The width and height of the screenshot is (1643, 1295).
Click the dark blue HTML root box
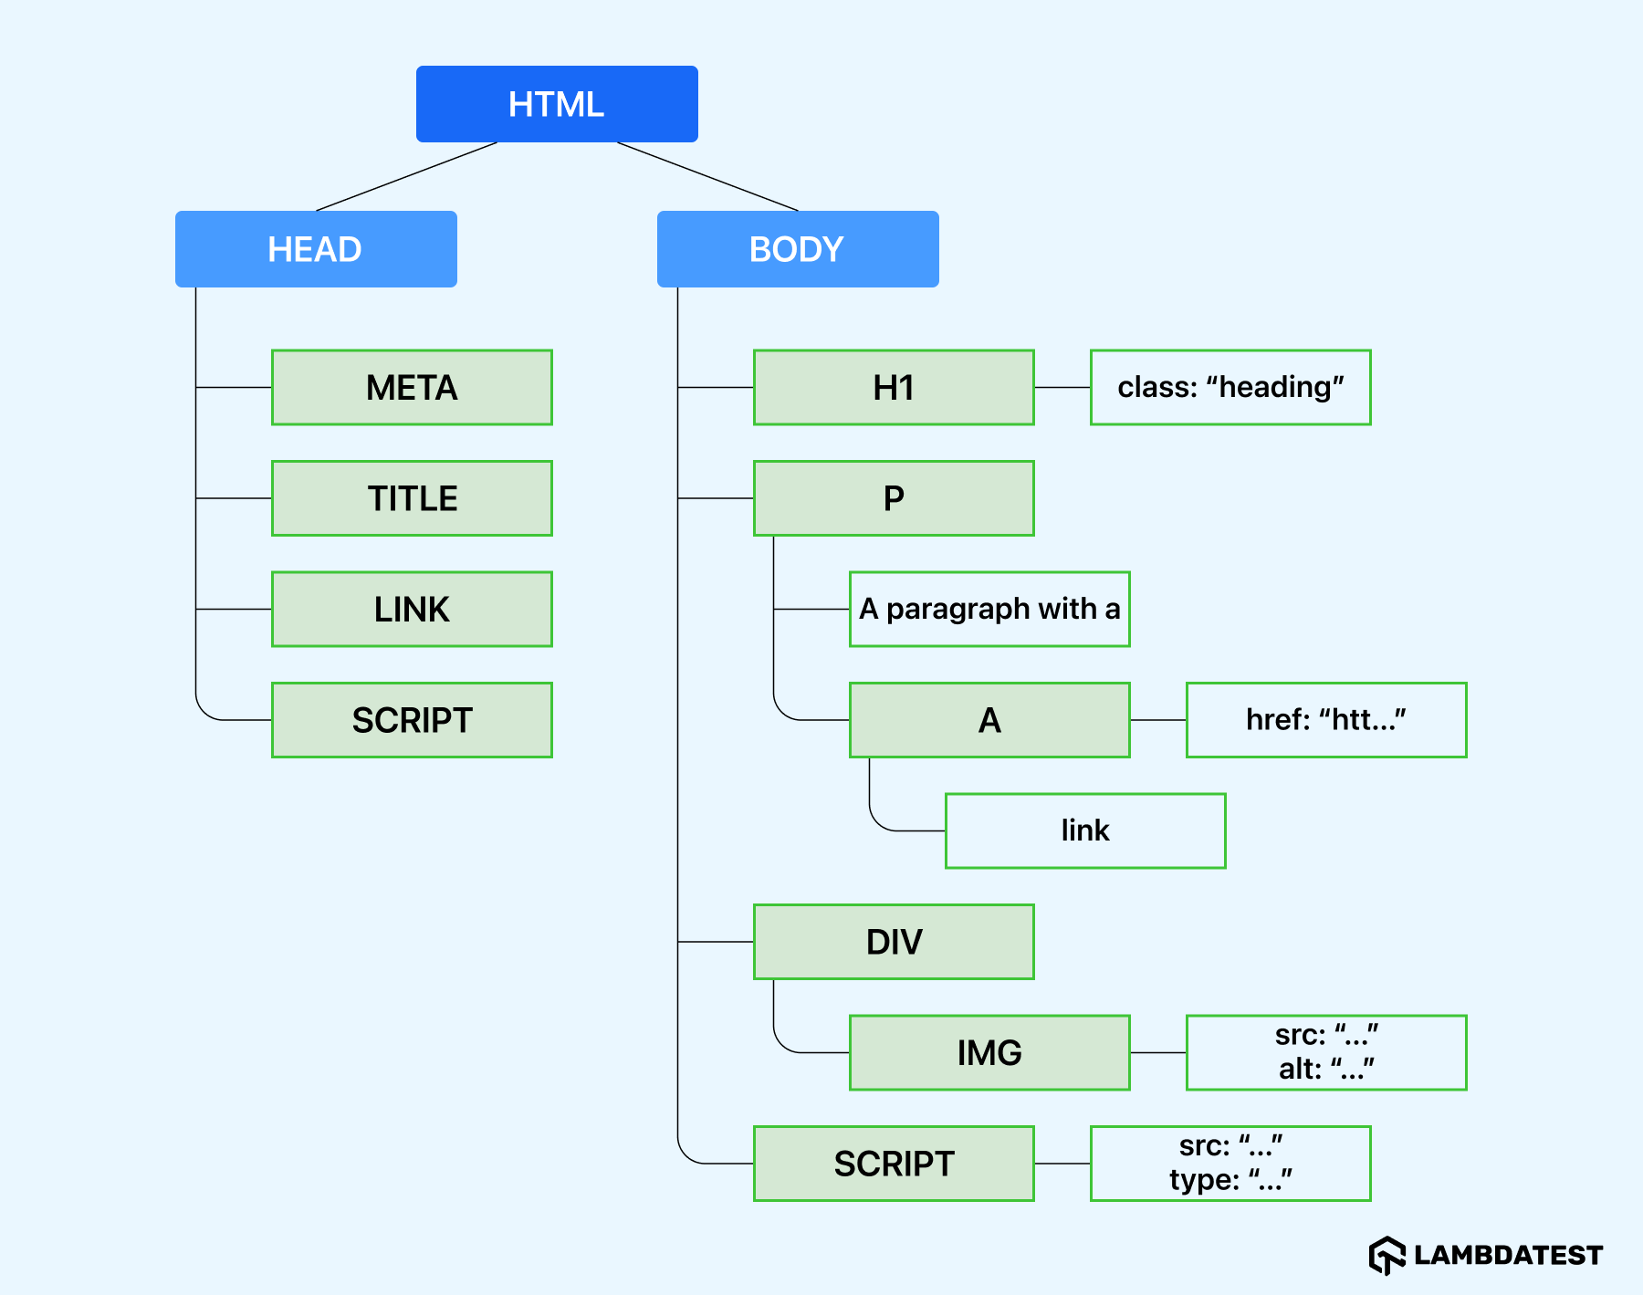[x=557, y=104]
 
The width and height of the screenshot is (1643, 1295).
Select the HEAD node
[x=316, y=249]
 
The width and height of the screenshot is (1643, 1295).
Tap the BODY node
[x=798, y=249]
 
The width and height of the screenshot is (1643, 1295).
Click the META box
[x=412, y=388]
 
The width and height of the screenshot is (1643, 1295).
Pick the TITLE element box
[x=412, y=498]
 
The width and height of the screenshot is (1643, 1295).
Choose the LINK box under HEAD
[x=412, y=610]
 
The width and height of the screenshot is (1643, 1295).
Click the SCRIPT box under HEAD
[x=412, y=720]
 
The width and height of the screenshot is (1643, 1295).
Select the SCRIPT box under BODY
[x=894, y=1164]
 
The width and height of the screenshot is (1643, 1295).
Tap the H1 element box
[x=894, y=388]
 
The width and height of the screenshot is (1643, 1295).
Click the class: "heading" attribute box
[x=1230, y=388]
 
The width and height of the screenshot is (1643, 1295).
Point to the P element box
[x=894, y=498]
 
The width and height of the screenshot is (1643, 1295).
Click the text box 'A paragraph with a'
[x=989, y=610]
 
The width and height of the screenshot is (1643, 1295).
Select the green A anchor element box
[x=989, y=720]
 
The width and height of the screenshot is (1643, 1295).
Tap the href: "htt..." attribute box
[x=1326, y=720]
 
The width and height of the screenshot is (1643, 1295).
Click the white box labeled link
[x=1085, y=830]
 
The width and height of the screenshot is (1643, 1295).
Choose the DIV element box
[x=894, y=942]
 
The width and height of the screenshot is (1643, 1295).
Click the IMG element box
[x=989, y=1052]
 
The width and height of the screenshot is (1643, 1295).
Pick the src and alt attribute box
[x=1326, y=1052]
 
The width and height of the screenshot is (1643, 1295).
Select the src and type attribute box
[x=1230, y=1164]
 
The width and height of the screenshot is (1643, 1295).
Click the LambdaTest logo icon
[x=1387, y=1256]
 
